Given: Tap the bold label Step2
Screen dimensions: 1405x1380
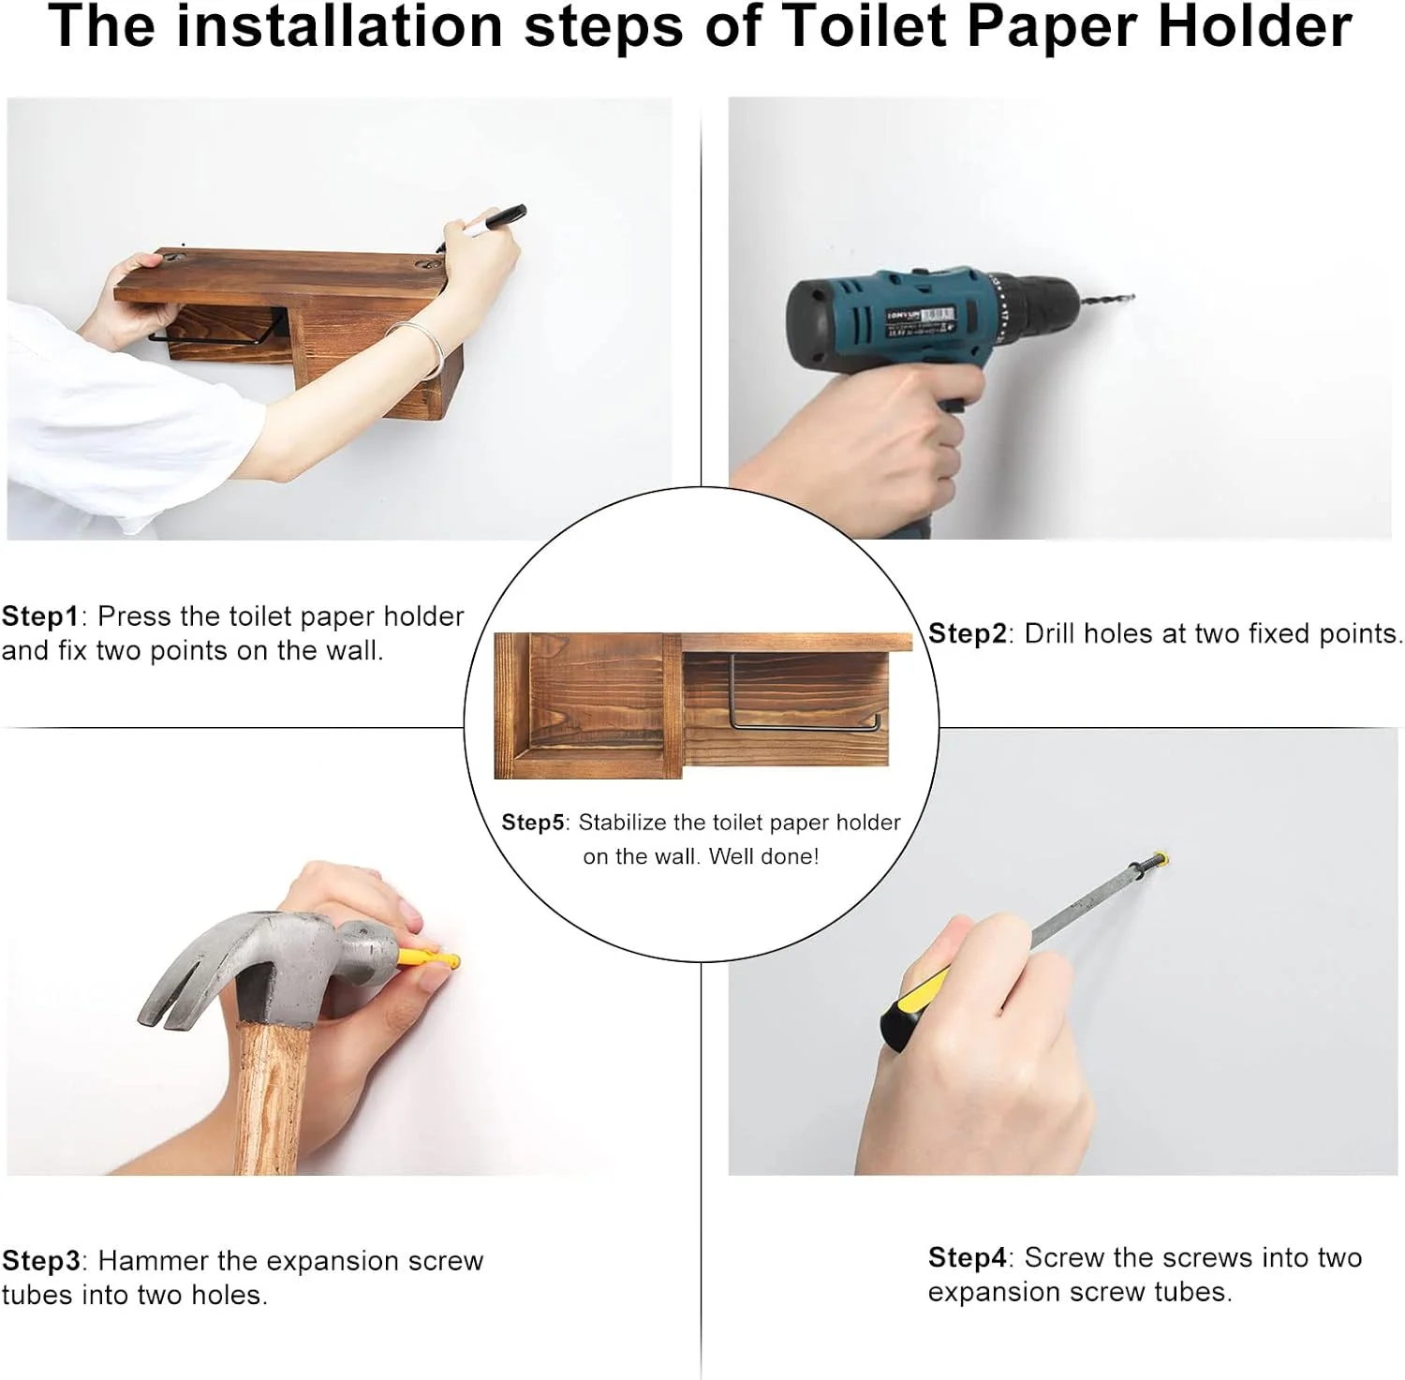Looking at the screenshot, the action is [x=968, y=634].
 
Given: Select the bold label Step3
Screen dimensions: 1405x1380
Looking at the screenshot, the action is [x=41, y=1261].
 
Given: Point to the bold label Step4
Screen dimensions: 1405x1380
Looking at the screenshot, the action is [x=968, y=1257].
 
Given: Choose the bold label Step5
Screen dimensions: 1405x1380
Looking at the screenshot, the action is [x=533, y=823].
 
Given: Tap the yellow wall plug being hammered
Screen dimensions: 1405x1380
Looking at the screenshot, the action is [x=430, y=959].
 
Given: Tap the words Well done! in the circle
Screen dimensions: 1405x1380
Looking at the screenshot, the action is [x=763, y=856].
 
